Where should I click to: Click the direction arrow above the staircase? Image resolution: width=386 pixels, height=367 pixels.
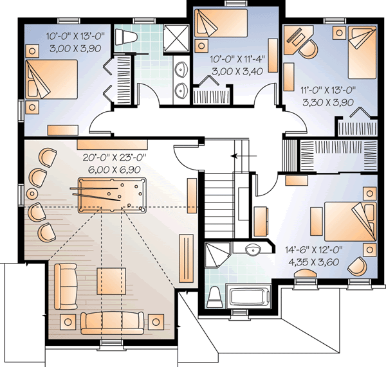click(x=242, y=156)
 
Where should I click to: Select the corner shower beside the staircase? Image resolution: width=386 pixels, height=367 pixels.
click(x=215, y=259)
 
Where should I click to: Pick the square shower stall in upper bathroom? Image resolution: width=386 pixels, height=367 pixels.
click(x=172, y=39)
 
